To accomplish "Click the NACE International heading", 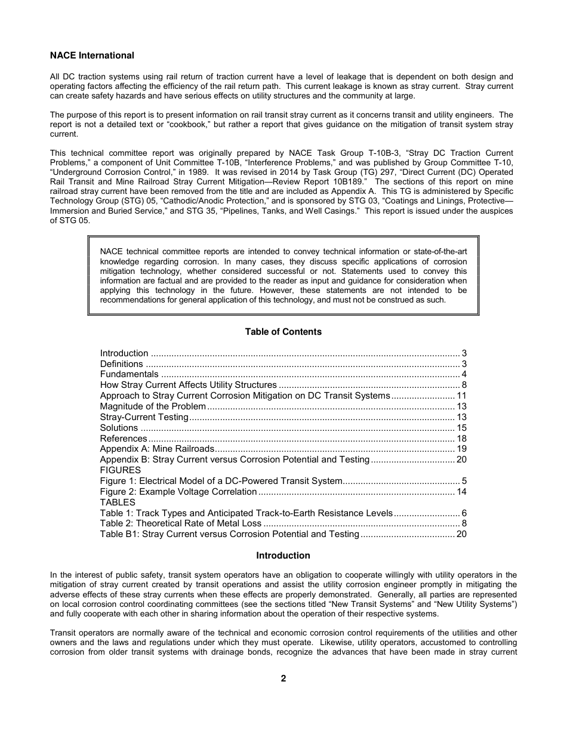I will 92,55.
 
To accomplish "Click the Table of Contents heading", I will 283,332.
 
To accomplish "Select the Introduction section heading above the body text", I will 283,556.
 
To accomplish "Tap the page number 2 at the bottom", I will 283,679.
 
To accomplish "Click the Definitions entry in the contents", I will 121,364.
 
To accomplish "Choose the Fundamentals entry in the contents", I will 129,375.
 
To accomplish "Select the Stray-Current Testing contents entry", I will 144,417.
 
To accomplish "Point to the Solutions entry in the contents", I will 119,428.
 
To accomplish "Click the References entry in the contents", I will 124,439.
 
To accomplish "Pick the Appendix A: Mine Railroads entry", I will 156,449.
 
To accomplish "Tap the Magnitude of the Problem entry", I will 153,406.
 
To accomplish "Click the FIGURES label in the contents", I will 120,470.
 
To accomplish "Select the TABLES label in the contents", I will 118,502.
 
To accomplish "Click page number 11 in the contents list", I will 461,396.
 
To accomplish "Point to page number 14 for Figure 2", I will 461,492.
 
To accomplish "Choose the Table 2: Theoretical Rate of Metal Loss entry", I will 180,523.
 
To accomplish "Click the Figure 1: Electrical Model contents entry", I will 221,481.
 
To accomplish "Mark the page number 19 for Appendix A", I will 461,449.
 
